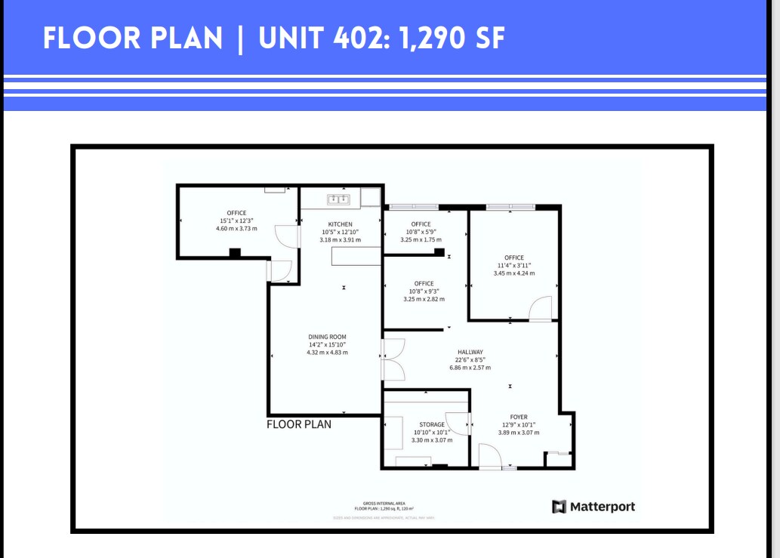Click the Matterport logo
click(593, 507)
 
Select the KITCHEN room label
click(340, 224)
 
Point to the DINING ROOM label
click(327, 337)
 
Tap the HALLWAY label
click(470, 352)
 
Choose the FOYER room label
click(518, 417)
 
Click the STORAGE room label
click(432, 424)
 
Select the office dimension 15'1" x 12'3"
click(236, 220)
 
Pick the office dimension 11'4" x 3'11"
click(513, 265)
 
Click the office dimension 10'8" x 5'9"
click(421, 232)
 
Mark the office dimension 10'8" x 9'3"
click(424, 291)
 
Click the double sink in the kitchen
click(337, 199)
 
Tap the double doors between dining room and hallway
click(393, 359)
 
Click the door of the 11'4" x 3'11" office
click(541, 310)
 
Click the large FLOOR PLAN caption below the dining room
click(299, 424)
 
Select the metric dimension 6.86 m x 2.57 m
click(470, 368)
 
